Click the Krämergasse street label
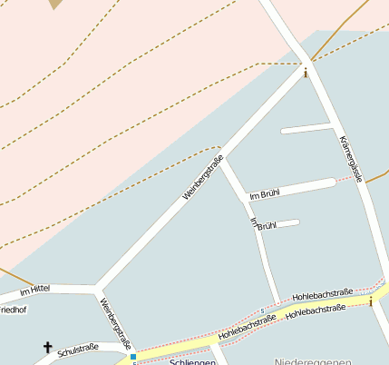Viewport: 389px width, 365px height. (x=350, y=158)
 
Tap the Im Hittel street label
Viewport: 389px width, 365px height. (x=34, y=289)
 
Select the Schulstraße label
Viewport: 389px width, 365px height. (x=77, y=348)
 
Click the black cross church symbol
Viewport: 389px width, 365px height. (x=47, y=347)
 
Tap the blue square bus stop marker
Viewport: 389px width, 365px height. (x=132, y=357)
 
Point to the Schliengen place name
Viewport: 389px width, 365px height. (x=192, y=361)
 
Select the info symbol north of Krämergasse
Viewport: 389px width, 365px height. (x=306, y=73)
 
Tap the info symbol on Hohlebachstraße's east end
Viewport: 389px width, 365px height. (x=370, y=301)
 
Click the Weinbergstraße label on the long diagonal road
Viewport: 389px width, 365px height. (x=203, y=178)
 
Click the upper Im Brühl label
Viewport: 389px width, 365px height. (x=265, y=194)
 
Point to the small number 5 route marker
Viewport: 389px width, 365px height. (x=262, y=312)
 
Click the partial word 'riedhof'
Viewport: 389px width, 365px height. (x=14, y=310)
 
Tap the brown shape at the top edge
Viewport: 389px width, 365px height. (x=56, y=4)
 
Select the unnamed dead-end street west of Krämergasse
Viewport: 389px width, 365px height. (x=306, y=128)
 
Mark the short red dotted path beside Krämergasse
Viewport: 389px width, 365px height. (x=344, y=180)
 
